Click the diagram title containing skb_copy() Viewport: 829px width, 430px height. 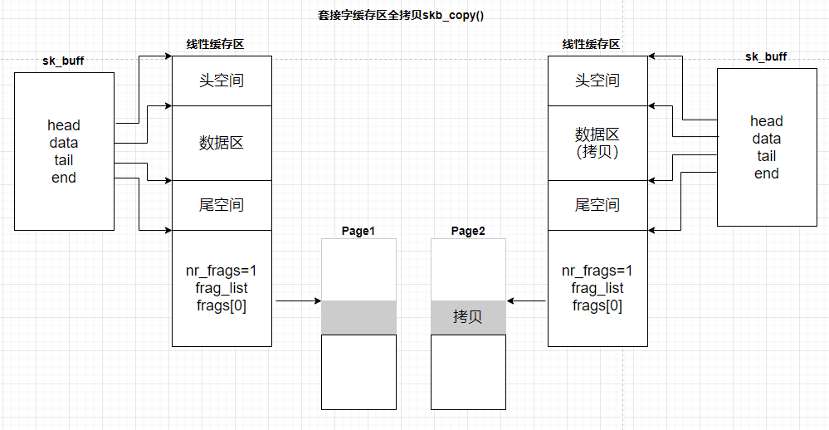point(401,15)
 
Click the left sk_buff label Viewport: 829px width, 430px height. point(63,61)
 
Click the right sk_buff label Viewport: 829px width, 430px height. point(766,57)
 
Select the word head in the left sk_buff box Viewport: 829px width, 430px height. point(64,125)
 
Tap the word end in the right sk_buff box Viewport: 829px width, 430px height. point(766,173)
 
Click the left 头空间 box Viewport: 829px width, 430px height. point(222,81)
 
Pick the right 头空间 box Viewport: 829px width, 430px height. point(597,81)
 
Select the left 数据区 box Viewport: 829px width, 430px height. point(222,143)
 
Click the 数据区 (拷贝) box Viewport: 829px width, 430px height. point(597,143)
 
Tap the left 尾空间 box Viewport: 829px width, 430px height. point(222,205)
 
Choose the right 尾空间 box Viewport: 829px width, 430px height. point(597,205)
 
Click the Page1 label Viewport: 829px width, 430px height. point(358,231)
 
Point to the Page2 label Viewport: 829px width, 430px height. point(468,231)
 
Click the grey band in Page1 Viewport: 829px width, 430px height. point(358,318)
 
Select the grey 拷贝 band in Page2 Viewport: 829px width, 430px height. point(468,318)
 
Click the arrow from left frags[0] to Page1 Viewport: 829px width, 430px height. point(296,301)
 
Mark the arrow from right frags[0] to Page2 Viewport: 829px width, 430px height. point(527,301)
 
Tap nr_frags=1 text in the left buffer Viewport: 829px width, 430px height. point(222,271)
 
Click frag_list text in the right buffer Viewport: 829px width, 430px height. point(597,288)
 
